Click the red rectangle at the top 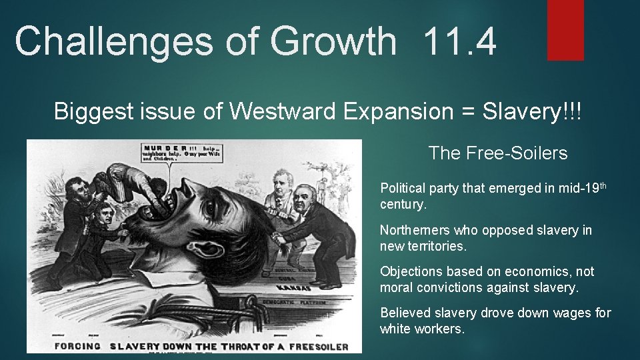coord(565,30)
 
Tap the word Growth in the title coord(333,41)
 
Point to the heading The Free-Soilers coord(498,153)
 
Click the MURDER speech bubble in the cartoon coord(179,155)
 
